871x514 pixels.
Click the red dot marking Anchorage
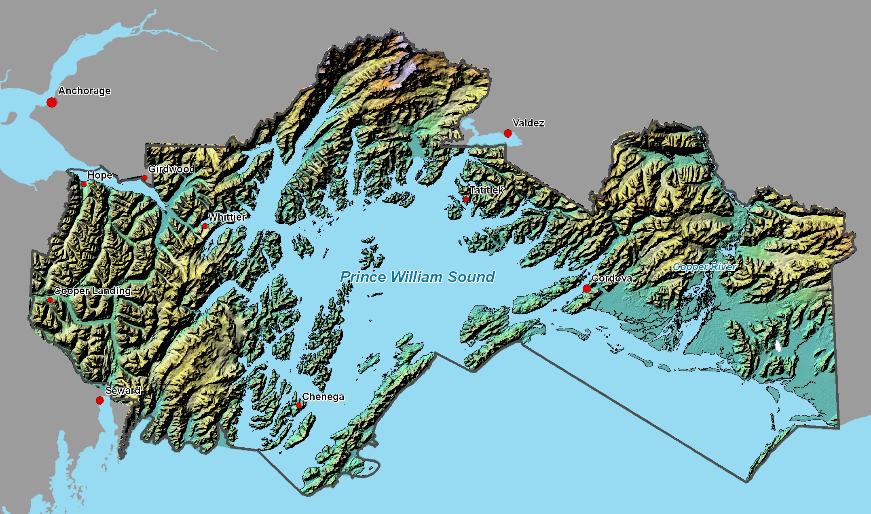point(52,102)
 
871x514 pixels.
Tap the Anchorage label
point(84,91)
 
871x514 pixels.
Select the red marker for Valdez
point(508,133)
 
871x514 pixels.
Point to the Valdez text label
point(528,123)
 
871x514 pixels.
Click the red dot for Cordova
point(587,289)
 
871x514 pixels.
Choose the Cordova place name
point(612,278)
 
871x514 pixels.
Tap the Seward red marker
point(100,400)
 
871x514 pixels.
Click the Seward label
point(123,390)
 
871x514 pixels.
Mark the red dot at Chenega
point(299,405)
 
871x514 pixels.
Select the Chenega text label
point(323,397)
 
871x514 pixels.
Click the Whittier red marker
point(205,226)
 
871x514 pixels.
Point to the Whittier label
point(227,217)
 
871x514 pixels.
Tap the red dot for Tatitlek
point(466,199)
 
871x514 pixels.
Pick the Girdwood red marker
point(144,178)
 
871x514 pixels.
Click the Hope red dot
point(84,184)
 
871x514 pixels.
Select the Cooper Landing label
point(92,291)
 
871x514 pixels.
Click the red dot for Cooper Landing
point(50,300)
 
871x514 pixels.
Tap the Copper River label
point(704,267)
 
